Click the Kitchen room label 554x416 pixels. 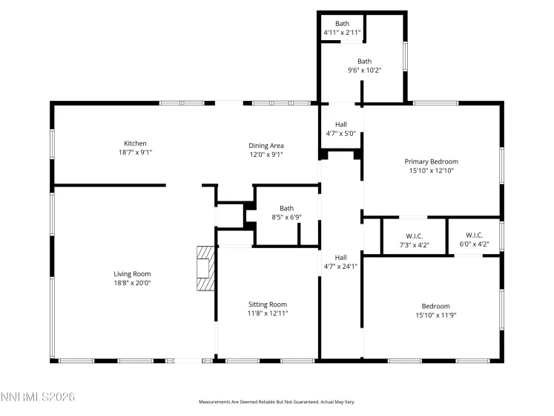(x=135, y=143)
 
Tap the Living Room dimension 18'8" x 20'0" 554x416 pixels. (x=132, y=283)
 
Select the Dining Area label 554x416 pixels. (x=266, y=145)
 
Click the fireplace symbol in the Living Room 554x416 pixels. (x=205, y=271)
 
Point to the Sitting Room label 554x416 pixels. (x=267, y=304)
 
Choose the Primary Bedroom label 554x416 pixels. (x=431, y=161)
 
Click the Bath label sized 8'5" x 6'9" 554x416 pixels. (x=286, y=208)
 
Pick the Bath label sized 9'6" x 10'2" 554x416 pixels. (x=364, y=62)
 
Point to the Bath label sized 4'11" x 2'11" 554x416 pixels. (x=342, y=24)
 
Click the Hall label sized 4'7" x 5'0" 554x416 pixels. (x=340, y=124)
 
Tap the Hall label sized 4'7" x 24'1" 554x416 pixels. (x=340, y=257)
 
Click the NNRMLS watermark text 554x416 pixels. (x=38, y=398)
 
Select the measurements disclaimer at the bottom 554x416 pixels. (x=277, y=402)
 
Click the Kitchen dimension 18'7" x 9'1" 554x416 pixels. (x=135, y=153)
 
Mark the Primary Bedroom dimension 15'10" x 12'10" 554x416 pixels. (x=431, y=171)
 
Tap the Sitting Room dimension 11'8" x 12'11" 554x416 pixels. (x=267, y=313)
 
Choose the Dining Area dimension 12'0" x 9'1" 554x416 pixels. (x=266, y=155)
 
